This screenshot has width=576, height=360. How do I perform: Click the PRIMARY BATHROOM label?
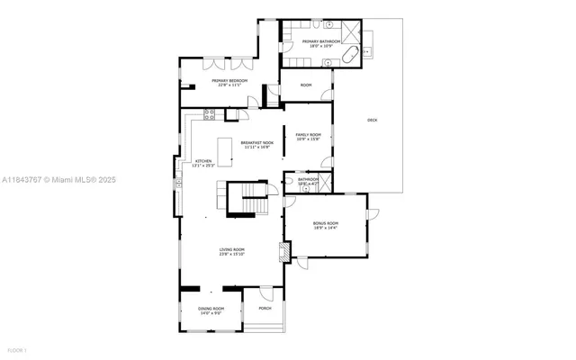(321, 41)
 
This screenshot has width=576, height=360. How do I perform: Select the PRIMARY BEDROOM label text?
(229, 81)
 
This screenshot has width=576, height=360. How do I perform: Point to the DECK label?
(373, 120)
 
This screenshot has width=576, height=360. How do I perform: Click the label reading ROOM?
(306, 85)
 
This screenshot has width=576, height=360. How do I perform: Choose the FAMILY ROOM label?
(308, 134)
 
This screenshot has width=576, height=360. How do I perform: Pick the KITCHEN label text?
(203, 161)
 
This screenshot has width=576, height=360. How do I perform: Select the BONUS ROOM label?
(326, 222)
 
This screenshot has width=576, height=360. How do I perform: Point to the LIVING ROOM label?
(232, 249)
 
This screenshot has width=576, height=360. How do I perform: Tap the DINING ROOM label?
(211, 309)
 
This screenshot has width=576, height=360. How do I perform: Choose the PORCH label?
(265, 309)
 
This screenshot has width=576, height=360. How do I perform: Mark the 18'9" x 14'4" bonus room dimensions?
(326, 228)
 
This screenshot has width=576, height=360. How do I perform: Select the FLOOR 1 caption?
(17, 349)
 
